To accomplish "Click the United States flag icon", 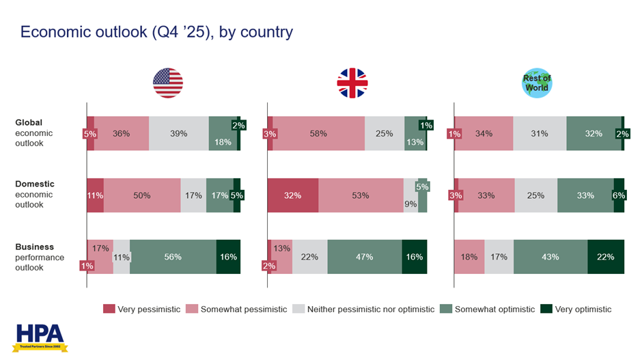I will click(167, 83).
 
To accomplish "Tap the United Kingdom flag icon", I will click(352, 83).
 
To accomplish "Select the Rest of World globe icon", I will click(537, 83).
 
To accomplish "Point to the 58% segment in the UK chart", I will click(318, 133).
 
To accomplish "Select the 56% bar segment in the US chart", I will click(173, 257).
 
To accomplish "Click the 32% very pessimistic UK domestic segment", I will click(292, 195).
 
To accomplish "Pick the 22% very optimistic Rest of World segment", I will click(606, 257).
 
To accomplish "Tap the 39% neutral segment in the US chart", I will click(179, 133).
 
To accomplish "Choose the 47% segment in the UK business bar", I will click(365, 257).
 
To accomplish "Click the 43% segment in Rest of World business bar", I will click(550, 257).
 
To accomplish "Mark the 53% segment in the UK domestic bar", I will click(361, 195).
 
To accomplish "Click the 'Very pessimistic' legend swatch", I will click(109, 309).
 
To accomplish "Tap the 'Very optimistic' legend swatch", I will click(546, 309).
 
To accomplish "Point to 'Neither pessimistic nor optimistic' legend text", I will click(371, 309).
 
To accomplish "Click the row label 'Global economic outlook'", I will click(34, 133).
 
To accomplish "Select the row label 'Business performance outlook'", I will click(39, 257).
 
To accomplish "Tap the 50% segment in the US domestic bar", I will click(142, 195).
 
